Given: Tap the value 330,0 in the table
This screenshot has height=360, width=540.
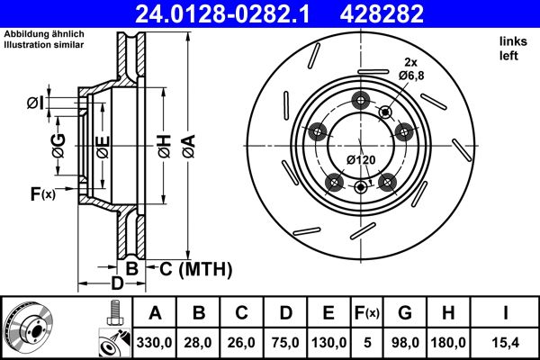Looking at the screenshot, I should tap(155, 342).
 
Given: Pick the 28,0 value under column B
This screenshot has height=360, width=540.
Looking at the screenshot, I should tap(199, 342).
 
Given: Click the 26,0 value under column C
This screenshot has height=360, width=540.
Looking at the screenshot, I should tap(242, 342).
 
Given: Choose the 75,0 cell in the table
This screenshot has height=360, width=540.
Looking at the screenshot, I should tap(285, 342).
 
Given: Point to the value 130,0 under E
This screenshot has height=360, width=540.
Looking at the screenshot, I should tap(329, 342).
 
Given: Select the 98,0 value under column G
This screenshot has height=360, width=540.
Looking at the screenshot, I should tap(404, 342).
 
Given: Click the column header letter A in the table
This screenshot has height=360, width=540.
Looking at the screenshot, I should tap(155, 313).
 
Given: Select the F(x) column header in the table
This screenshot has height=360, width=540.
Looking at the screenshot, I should tap(367, 313).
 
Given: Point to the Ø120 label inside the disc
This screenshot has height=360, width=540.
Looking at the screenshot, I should tap(361, 159).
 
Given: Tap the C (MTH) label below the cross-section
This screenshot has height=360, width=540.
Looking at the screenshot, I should tap(195, 268).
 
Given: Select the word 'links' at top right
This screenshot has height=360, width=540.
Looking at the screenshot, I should tap(511, 42).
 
